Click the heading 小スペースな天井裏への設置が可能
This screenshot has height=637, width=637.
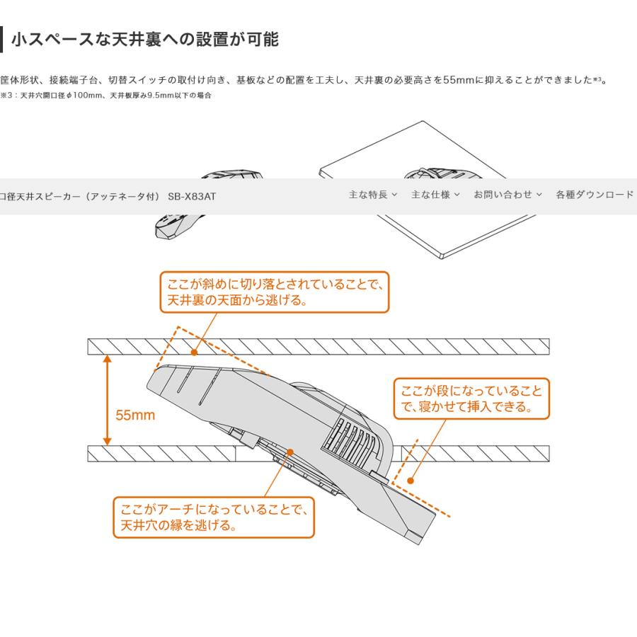pos(145,40)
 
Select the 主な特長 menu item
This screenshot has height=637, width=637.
pos(372,195)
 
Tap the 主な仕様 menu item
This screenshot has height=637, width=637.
pos(435,195)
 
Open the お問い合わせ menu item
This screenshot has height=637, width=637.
pos(507,195)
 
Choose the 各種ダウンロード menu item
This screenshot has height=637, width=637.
pos(594,195)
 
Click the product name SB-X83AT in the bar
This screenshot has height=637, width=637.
pos(192,196)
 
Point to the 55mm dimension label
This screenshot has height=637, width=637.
pos(135,415)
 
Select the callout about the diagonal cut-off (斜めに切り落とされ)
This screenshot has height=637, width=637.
pos(275,292)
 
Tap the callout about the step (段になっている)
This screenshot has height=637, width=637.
pos(471,398)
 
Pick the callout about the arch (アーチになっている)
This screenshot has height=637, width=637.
pos(213,517)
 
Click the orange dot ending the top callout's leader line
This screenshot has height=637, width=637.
pos(193,351)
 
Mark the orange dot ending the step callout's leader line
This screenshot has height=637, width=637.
pos(410,481)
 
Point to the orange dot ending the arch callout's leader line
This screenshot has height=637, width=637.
pos(290,452)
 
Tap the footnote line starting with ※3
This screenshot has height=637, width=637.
pos(106,95)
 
